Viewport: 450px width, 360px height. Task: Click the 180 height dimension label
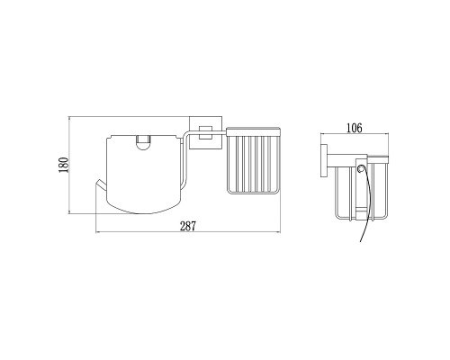tap(64, 165)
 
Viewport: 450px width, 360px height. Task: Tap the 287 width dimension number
tap(188, 226)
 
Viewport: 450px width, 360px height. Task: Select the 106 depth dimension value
tap(355, 128)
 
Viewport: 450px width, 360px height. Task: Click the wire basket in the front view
tap(254, 161)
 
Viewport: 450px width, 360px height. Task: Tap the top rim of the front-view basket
tap(254, 131)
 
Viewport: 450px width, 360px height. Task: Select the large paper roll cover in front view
tap(145, 175)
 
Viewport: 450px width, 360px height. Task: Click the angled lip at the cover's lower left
tap(101, 185)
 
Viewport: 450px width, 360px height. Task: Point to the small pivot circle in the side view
tap(361, 169)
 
